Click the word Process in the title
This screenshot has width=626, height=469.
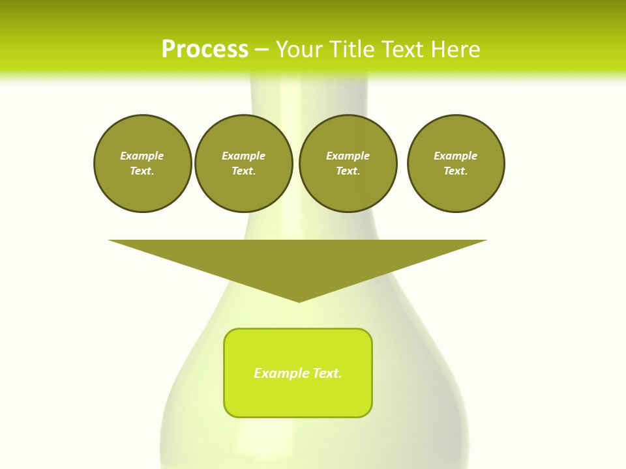click(x=205, y=50)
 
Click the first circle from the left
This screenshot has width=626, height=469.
click(x=142, y=163)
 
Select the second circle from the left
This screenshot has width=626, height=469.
click(x=243, y=163)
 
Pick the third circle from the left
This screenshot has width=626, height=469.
click(x=348, y=163)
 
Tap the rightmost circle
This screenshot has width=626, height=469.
click(x=456, y=163)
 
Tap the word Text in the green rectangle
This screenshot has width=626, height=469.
click(x=327, y=373)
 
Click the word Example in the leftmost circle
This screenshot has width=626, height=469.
click(x=142, y=156)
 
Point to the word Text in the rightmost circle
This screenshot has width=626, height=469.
click(x=456, y=171)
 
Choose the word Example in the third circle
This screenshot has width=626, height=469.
click(x=348, y=156)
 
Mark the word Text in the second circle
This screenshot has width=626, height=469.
click(x=243, y=171)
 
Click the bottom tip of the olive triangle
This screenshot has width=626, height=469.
click(x=299, y=300)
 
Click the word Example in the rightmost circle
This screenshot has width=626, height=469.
click(x=456, y=156)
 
